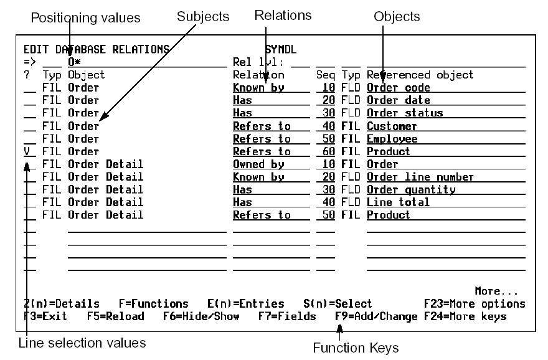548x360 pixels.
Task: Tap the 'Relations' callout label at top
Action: (283, 15)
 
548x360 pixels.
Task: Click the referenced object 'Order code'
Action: (399, 88)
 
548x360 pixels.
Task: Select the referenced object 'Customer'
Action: (392, 126)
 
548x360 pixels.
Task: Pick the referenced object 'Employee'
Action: (392, 139)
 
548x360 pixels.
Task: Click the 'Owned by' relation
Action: (258, 164)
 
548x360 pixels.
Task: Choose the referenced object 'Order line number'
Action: (420, 177)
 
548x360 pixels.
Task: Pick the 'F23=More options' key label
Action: (474, 304)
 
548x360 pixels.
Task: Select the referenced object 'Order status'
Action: (405, 113)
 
